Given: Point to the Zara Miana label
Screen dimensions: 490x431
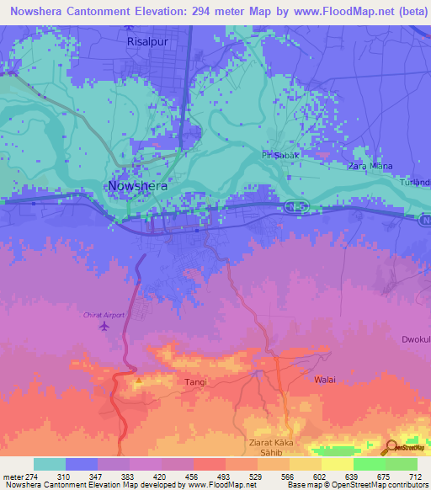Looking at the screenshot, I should point(370,166).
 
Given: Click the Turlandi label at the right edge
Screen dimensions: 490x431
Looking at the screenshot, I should point(418,183).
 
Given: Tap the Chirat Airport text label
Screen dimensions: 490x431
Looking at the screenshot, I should point(104,315).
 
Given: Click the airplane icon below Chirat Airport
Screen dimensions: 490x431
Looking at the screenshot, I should point(104,326).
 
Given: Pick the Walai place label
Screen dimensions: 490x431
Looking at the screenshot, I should point(325,380).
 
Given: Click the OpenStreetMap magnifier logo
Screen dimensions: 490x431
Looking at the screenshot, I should point(393,447).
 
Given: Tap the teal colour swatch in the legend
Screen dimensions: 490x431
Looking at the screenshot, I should point(50,464).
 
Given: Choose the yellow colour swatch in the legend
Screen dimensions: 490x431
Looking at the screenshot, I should point(338,464).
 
